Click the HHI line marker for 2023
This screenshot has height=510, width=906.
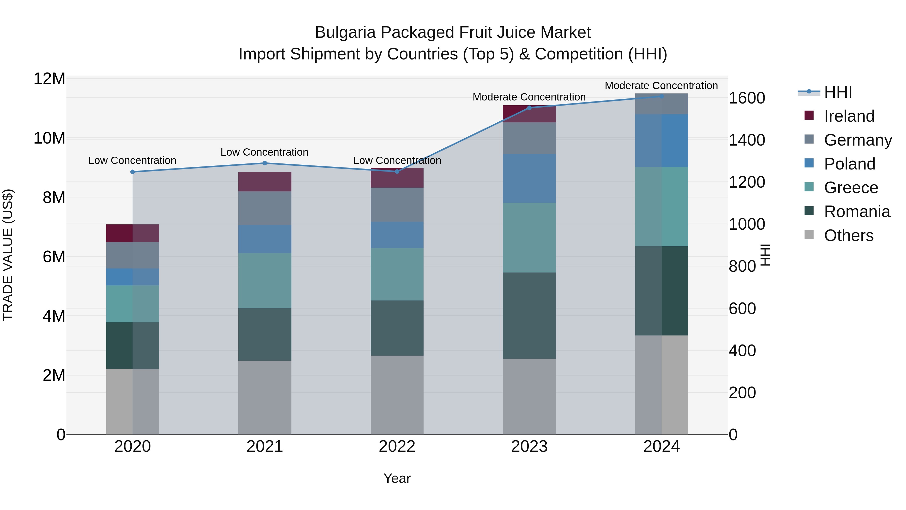529,108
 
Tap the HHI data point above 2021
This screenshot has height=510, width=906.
265,163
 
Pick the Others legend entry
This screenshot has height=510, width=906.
848,235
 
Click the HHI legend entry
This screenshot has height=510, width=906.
838,92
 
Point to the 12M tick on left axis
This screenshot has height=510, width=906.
49,79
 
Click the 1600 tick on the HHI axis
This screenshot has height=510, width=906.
746,98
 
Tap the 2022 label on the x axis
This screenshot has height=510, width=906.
397,447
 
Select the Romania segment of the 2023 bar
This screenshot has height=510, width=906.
529,315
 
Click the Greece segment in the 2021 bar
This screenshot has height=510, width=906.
265,281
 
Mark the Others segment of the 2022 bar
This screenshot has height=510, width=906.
397,395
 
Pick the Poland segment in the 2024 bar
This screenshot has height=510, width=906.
662,141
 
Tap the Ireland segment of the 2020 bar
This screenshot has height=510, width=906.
133,233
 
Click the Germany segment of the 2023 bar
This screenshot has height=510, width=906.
529,138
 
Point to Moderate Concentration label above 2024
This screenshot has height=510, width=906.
661,86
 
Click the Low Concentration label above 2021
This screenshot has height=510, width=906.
265,152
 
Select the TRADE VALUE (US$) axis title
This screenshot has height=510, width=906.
8,255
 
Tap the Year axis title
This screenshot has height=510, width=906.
397,478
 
